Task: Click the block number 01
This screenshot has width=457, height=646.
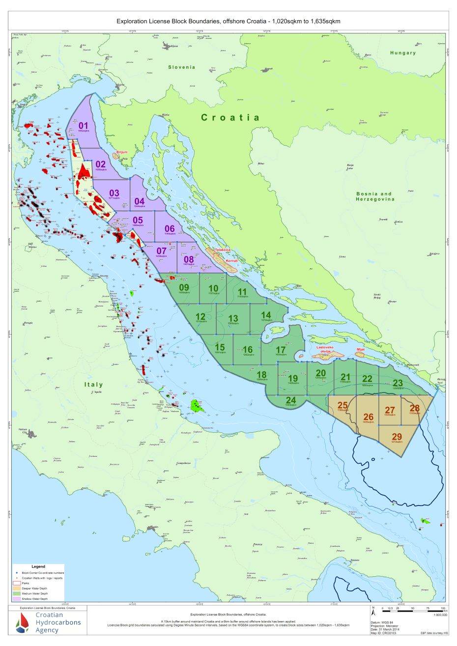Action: (83, 126)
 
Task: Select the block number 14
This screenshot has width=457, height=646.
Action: (266, 315)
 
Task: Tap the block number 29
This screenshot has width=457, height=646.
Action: (397, 436)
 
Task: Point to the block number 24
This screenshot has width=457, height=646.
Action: (291, 400)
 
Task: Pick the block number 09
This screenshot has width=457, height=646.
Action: (184, 287)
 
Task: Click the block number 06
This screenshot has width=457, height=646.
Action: (170, 228)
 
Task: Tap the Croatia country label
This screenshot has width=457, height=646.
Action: (230, 117)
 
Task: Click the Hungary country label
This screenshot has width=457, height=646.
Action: (403, 53)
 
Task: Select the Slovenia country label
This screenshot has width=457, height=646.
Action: (181, 67)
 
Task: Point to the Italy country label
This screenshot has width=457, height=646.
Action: (93, 385)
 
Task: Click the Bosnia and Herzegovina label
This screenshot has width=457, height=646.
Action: (375, 197)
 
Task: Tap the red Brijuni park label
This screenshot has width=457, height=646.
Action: (121, 152)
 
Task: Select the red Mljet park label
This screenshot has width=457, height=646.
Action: (360, 349)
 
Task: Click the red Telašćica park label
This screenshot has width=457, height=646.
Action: (223, 250)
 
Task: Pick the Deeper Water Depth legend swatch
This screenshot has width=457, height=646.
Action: (17, 588)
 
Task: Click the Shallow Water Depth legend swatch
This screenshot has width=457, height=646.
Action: (17, 599)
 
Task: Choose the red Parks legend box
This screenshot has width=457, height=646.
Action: (17, 583)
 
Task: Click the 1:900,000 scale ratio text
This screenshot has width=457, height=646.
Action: (440, 615)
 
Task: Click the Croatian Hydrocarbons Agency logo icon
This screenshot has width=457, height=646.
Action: (22, 623)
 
